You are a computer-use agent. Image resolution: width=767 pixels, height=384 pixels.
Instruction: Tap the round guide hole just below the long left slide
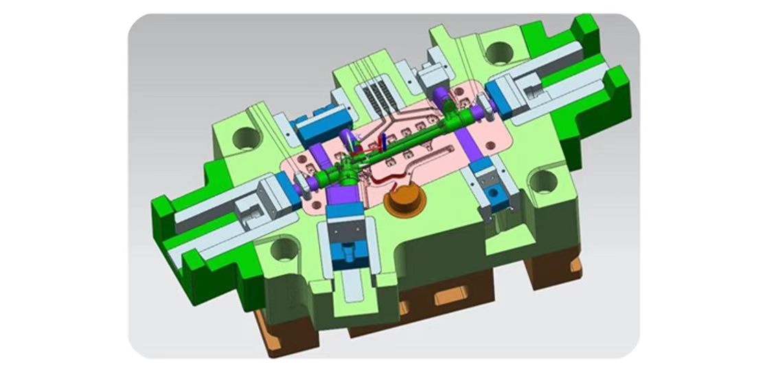coord(283,248)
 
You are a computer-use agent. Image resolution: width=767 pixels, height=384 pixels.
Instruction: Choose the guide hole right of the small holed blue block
coord(542,181)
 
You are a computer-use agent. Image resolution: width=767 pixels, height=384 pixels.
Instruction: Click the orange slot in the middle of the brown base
coord(450,298)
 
